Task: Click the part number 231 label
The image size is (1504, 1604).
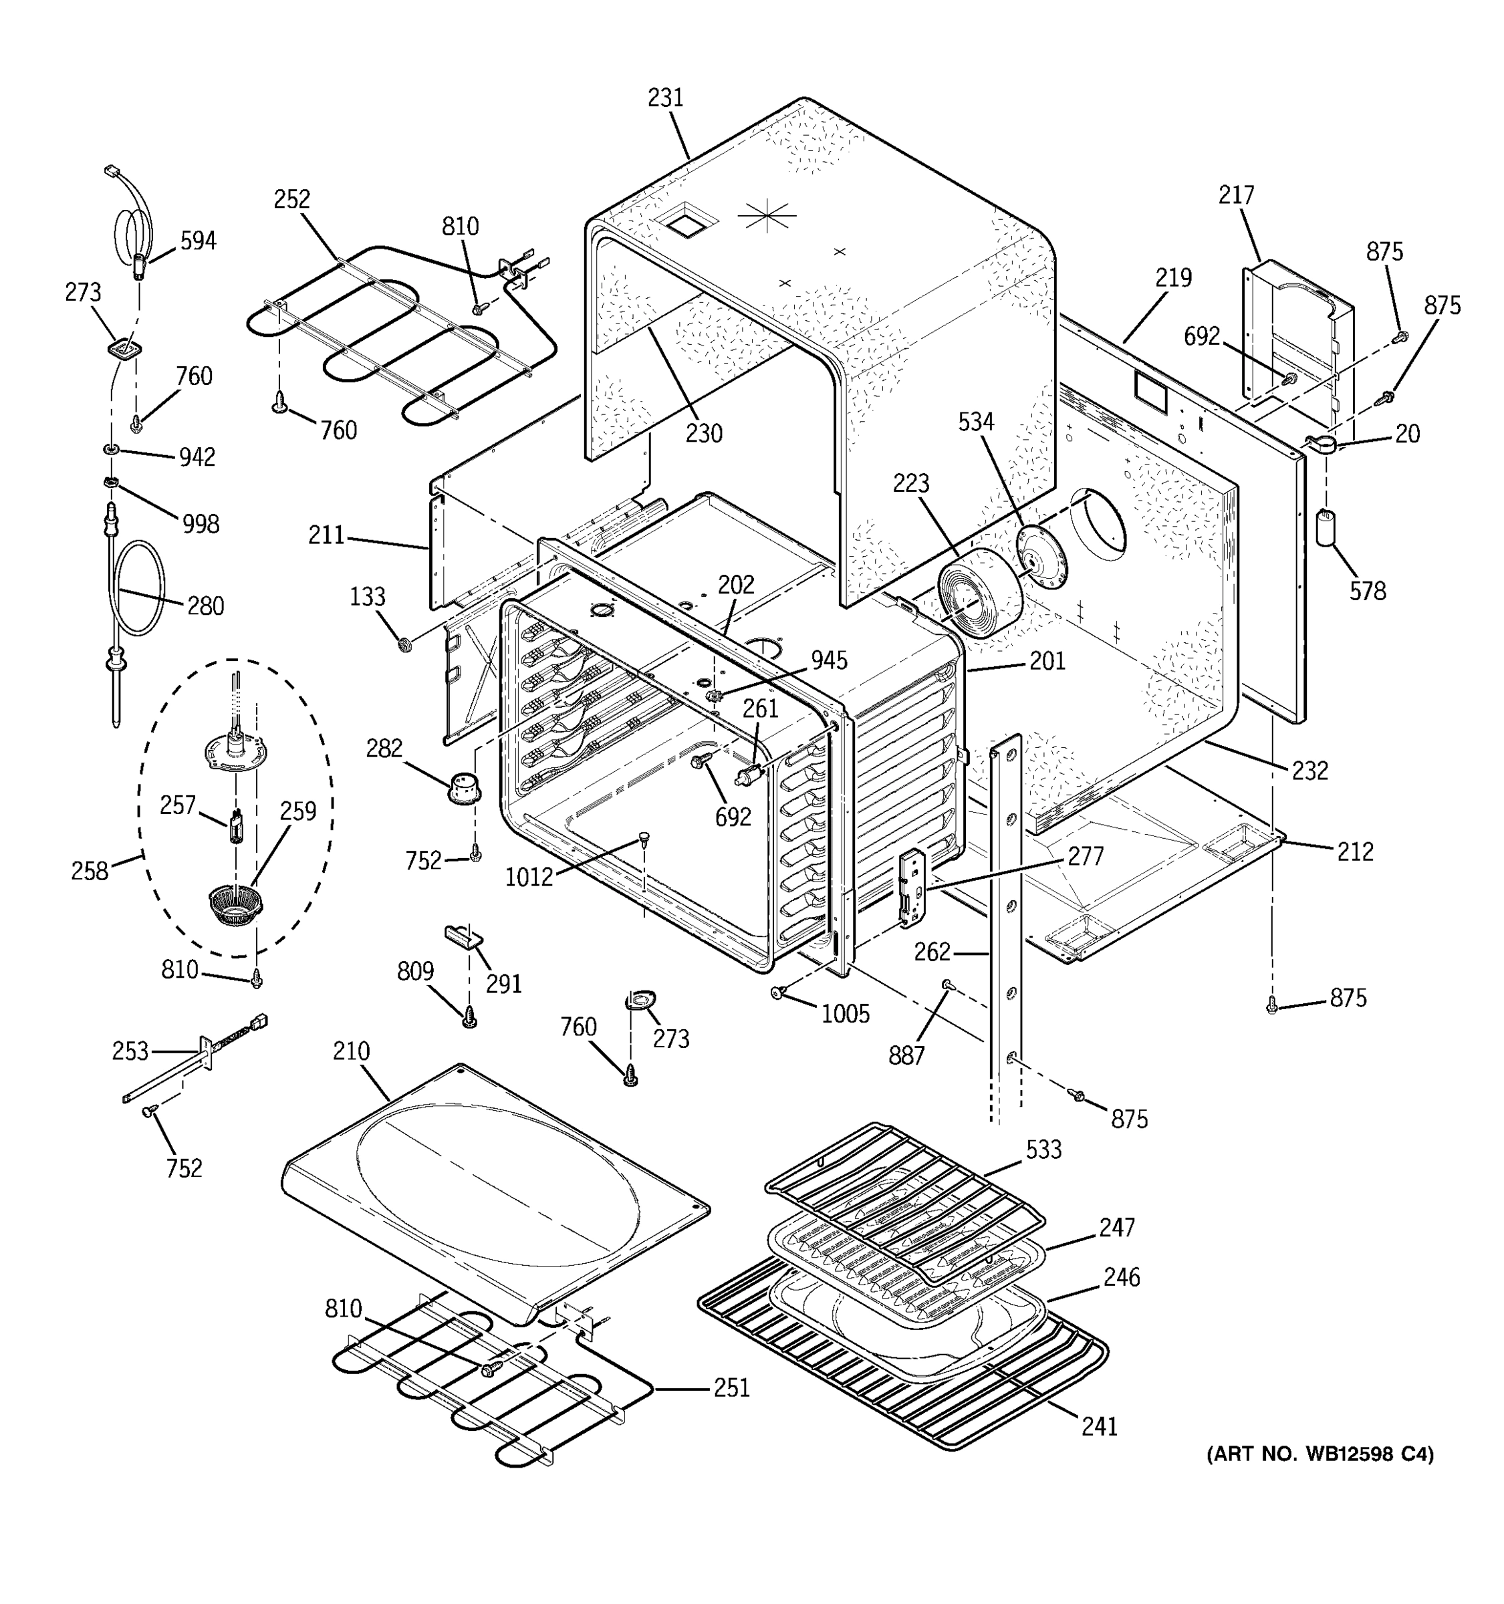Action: (x=666, y=98)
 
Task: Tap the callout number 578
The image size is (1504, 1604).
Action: (x=1368, y=591)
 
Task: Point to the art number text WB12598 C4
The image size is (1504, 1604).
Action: (x=1320, y=1454)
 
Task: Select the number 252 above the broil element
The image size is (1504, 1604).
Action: (x=291, y=199)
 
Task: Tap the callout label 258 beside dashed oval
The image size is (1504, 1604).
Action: (x=90, y=871)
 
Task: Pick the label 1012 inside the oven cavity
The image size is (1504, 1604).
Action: (x=529, y=877)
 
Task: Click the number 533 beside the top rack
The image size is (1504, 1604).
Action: (x=1044, y=1149)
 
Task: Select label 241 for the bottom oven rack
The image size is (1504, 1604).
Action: (x=1100, y=1426)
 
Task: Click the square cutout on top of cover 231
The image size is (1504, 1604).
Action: (x=685, y=222)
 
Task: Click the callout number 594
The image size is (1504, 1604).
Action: (x=198, y=241)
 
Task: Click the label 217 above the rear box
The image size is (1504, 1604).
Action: (x=1236, y=195)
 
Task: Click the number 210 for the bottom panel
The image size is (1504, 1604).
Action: (x=351, y=1051)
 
